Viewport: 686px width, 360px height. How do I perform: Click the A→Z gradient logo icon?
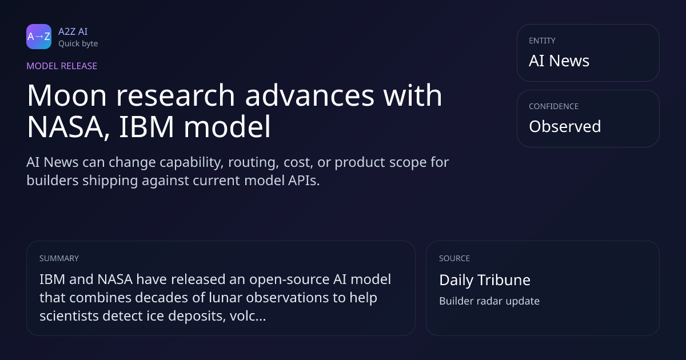(x=39, y=37)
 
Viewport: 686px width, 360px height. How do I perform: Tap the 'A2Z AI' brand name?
(x=73, y=31)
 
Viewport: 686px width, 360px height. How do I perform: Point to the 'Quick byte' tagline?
(x=78, y=44)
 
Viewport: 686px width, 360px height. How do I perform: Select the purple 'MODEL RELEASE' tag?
(x=62, y=66)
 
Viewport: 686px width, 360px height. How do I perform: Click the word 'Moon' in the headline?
(x=67, y=95)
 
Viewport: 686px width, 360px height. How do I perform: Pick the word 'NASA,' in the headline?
(x=68, y=127)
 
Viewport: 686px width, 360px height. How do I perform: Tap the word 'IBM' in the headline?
(x=146, y=126)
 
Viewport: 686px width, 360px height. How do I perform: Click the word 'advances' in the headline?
(x=310, y=95)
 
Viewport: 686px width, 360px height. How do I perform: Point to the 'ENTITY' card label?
(x=542, y=41)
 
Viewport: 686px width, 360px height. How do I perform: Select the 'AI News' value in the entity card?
(x=559, y=61)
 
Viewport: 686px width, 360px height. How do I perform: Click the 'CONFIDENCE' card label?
(x=554, y=106)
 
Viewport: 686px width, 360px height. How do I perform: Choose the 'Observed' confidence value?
(x=565, y=126)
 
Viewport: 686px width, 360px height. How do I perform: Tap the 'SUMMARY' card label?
(x=59, y=258)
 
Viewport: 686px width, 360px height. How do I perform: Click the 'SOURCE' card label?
(x=454, y=258)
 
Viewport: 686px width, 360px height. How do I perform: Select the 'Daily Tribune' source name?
(x=485, y=280)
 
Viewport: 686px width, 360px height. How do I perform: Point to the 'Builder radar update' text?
(x=489, y=301)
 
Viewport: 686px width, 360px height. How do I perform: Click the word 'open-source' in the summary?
(x=289, y=280)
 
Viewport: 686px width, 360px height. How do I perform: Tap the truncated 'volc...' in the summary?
(x=248, y=315)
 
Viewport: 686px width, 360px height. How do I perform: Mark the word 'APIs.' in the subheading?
(x=304, y=181)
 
